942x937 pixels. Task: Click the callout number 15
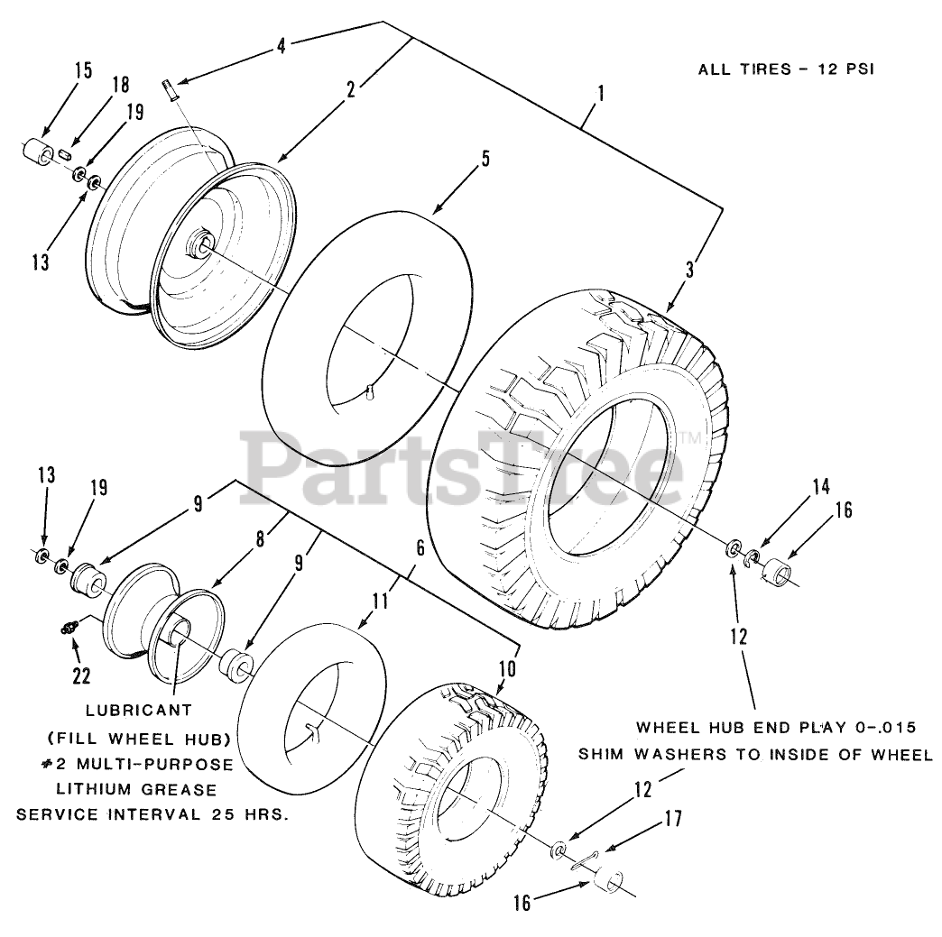[x=82, y=72]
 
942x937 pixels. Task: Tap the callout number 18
[x=119, y=86]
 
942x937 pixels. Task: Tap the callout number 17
[x=673, y=819]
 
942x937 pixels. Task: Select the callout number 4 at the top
[x=282, y=45]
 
